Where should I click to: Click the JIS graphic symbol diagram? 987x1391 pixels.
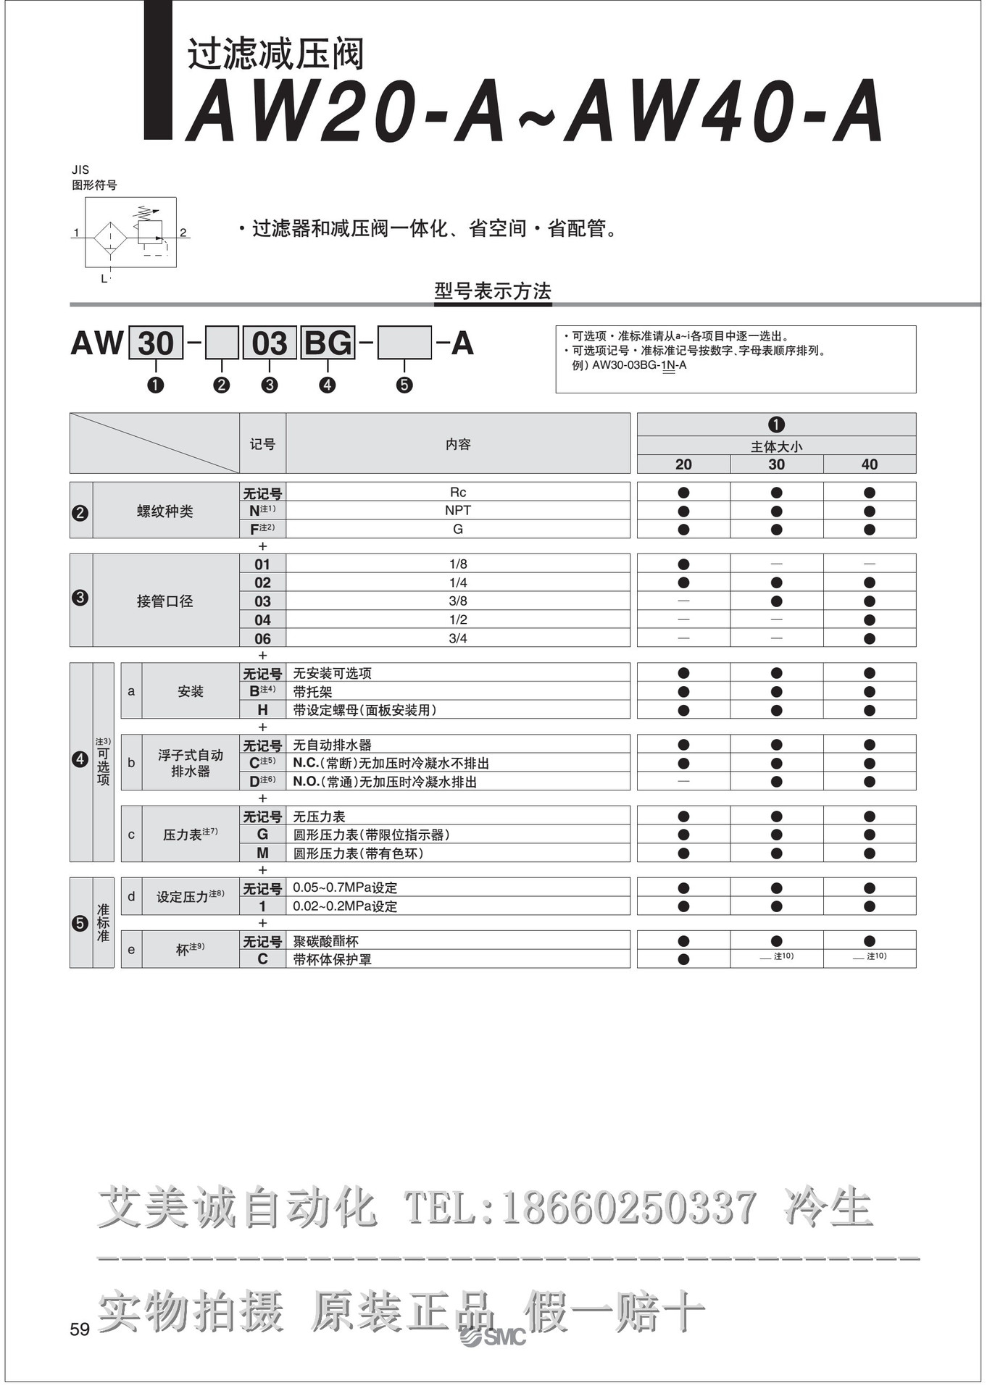(x=130, y=233)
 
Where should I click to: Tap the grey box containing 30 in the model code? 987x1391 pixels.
(x=155, y=343)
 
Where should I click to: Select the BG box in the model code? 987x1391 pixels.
(x=328, y=343)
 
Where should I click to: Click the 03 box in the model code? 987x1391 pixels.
(x=269, y=343)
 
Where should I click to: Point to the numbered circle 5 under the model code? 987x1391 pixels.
(x=404, y=385)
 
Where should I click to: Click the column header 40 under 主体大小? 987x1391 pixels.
(x=869, y=464)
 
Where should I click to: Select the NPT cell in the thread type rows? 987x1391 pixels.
(x=458, y=511)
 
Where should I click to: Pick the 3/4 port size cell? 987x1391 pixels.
(x=458, y=638)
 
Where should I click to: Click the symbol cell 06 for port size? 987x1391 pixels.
(x=262, y=638)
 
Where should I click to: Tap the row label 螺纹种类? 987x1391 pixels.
(x=165, y=511)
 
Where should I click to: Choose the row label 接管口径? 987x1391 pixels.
(x=165, y=601)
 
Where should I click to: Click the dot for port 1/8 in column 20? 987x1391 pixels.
(x=683, y=564)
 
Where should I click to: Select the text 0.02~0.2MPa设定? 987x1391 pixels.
(x=345, y=906)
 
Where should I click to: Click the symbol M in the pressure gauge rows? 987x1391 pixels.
(x=262, y=853)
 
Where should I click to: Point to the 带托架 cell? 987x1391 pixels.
(x=313, y=692)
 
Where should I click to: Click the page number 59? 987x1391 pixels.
(x=80, y=1329)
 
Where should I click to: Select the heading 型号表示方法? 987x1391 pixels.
(x=493, y=291)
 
